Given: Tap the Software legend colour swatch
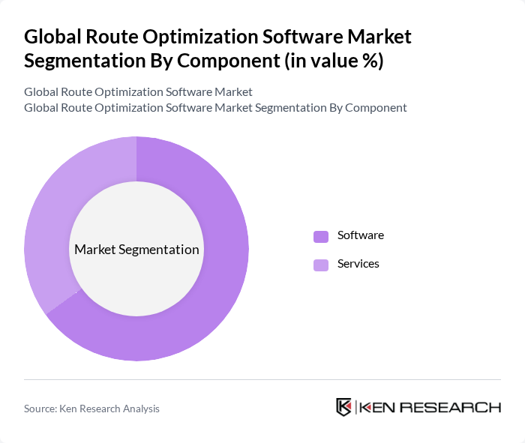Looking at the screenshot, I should pos(321,236).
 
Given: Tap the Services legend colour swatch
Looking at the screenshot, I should pos(321,265).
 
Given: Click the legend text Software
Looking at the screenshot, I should pos(360,235).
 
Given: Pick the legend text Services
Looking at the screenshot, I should pos(358,264).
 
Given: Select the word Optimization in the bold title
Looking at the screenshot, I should pos(202,37).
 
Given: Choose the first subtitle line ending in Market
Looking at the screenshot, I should pos(138,91).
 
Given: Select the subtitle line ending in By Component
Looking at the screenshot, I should pos(215,107).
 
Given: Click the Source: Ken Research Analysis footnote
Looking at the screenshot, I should pos(91,409).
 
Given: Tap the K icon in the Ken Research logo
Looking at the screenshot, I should pos(343,407).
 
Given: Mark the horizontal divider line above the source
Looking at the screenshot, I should pos(262,379).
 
